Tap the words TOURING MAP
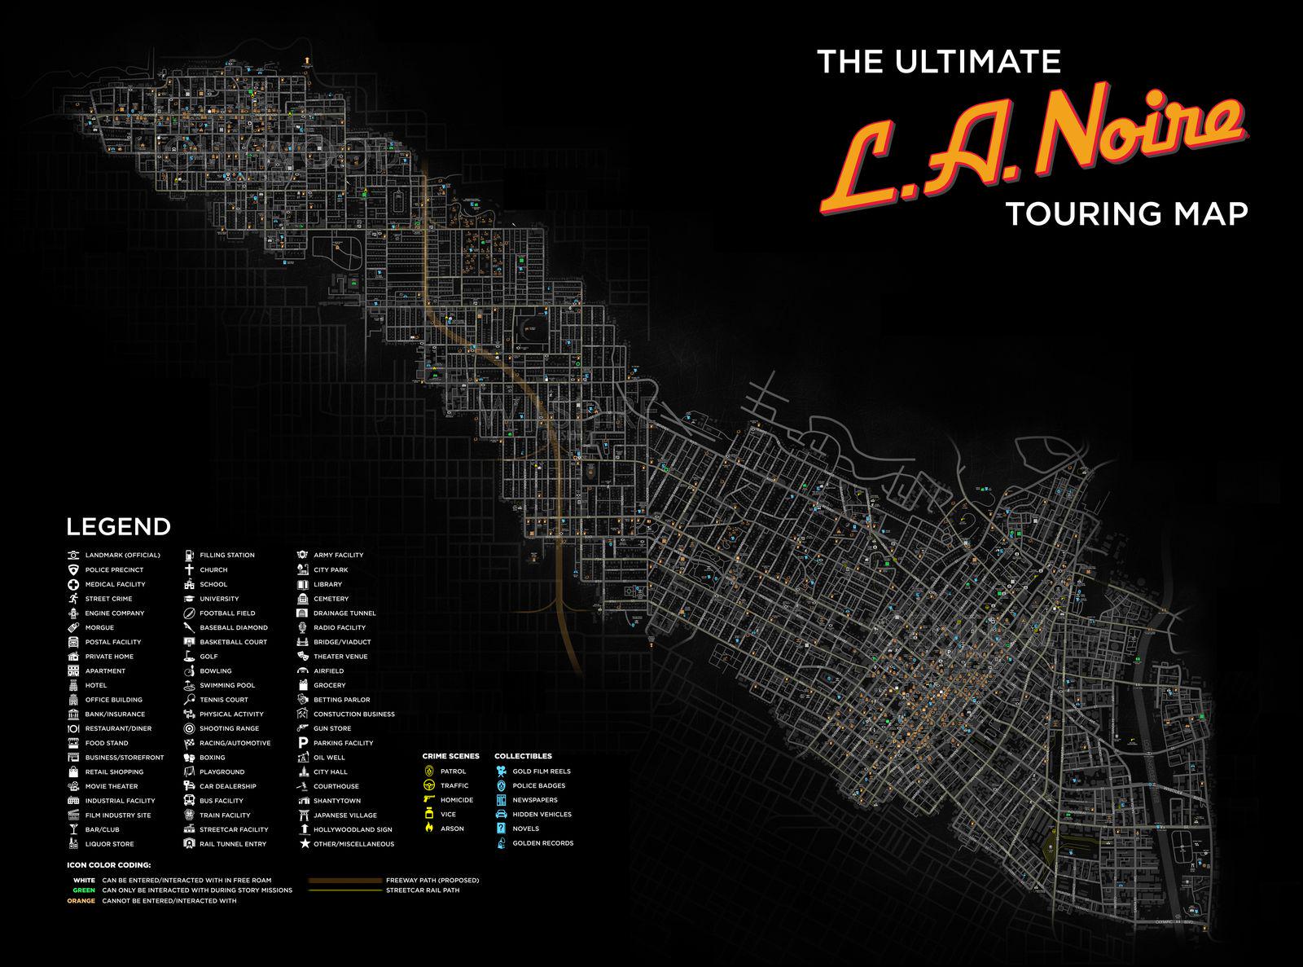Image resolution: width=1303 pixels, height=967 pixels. click(1126, 213)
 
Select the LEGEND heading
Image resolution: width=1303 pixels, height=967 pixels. click(118, 527)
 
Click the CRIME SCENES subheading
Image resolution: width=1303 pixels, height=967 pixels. click(450, 756)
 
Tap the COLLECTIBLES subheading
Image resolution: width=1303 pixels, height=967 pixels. click(523, 756)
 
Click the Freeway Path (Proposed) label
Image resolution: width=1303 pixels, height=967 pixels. click(432, 880)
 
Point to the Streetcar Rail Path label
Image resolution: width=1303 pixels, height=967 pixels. click(423, 890)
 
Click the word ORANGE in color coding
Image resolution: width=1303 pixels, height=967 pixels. click(81, 900)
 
